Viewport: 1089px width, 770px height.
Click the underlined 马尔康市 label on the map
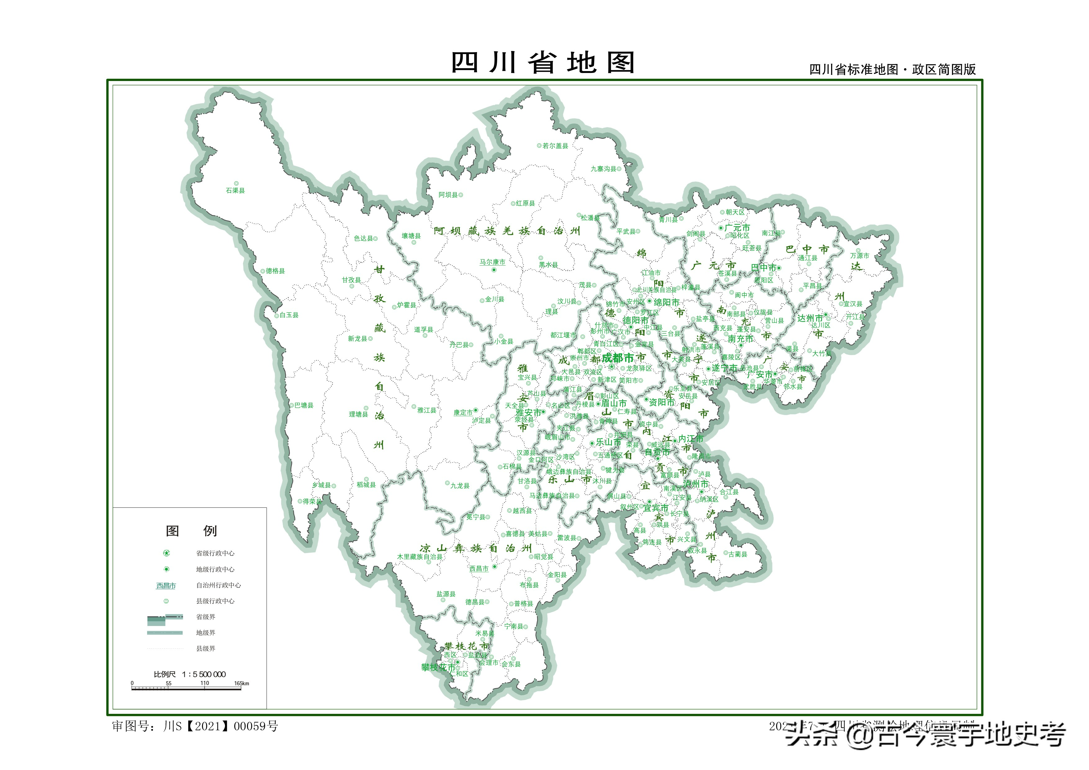pyautogui.click(x=492, y=262)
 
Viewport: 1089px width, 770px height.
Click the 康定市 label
pyautogui.click(x=463, y=412)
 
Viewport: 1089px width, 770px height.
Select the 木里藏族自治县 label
pyautogui.click(x=420, y=556)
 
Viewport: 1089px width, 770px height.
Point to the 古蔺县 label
pyautogui.click(x=738, y=554)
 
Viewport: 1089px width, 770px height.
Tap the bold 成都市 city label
pyautogui.click(x=618, y=358)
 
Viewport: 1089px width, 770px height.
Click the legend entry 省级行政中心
pyautogui.click(x=215, y=553)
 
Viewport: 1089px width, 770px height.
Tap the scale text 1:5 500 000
pyautogui.click(x=204, y=674)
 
